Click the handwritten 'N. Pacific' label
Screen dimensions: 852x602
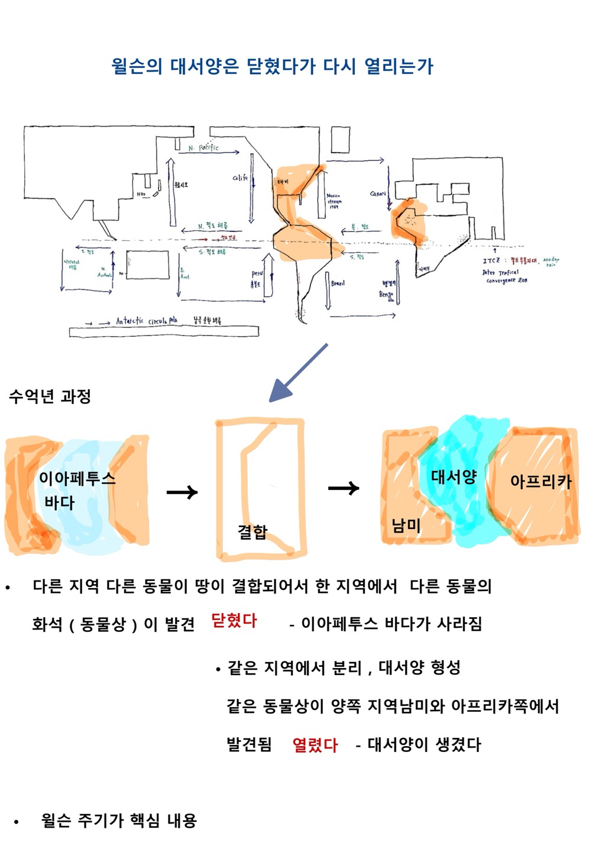203,147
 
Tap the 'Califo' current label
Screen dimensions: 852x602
240,177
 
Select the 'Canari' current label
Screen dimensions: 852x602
378,193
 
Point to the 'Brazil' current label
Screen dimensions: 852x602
338,283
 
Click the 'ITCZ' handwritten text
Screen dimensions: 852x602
491,260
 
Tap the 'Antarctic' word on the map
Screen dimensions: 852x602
130,321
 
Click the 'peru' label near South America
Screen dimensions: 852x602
257,274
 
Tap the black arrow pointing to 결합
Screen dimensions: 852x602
182,492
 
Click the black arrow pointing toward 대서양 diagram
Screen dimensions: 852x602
344,488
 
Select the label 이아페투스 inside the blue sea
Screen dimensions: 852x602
77,478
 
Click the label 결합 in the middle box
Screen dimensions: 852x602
253,531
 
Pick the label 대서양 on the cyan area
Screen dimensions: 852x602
454,476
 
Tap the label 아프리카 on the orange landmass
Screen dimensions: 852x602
540,481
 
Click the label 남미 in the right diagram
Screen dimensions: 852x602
406,524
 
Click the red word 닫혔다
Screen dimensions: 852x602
234,621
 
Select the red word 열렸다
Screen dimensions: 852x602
315,744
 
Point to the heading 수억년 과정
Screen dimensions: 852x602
50,396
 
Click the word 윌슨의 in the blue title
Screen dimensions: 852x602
137,66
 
